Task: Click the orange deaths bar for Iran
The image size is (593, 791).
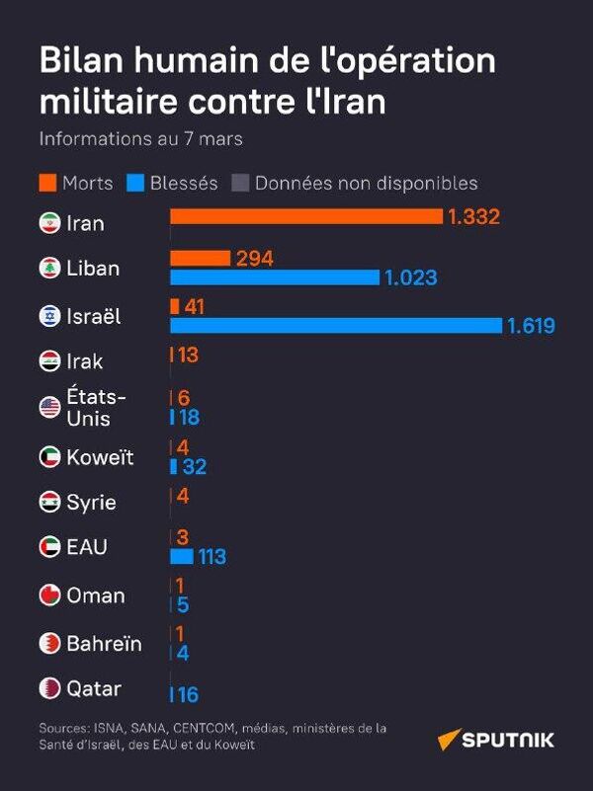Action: (x=306, y=216)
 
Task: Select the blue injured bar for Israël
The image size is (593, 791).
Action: (x=336, y=326)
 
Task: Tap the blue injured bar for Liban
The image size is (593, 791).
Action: (x=275, y=277)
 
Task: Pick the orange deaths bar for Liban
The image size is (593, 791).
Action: (x=201, y=258)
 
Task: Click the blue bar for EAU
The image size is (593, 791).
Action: (x=182, y=556)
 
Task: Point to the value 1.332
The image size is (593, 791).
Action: (x=473, y=217)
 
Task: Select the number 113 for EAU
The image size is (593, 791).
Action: (x=212, y=557)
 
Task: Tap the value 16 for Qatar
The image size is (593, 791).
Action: (x=188, y=695)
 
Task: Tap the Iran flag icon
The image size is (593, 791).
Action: (x=49, y=223)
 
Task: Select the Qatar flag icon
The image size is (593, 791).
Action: (x=49, y=687)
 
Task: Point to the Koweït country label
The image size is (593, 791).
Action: (x=100, y=457)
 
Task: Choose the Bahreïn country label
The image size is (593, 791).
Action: (x=104, y=644)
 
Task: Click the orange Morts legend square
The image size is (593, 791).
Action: (x=47, y=183)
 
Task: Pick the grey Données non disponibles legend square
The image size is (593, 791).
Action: (x=239, y=183)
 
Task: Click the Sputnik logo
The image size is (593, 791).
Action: (x=496, y=740)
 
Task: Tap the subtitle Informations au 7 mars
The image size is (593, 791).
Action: (x=140, y=139)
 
